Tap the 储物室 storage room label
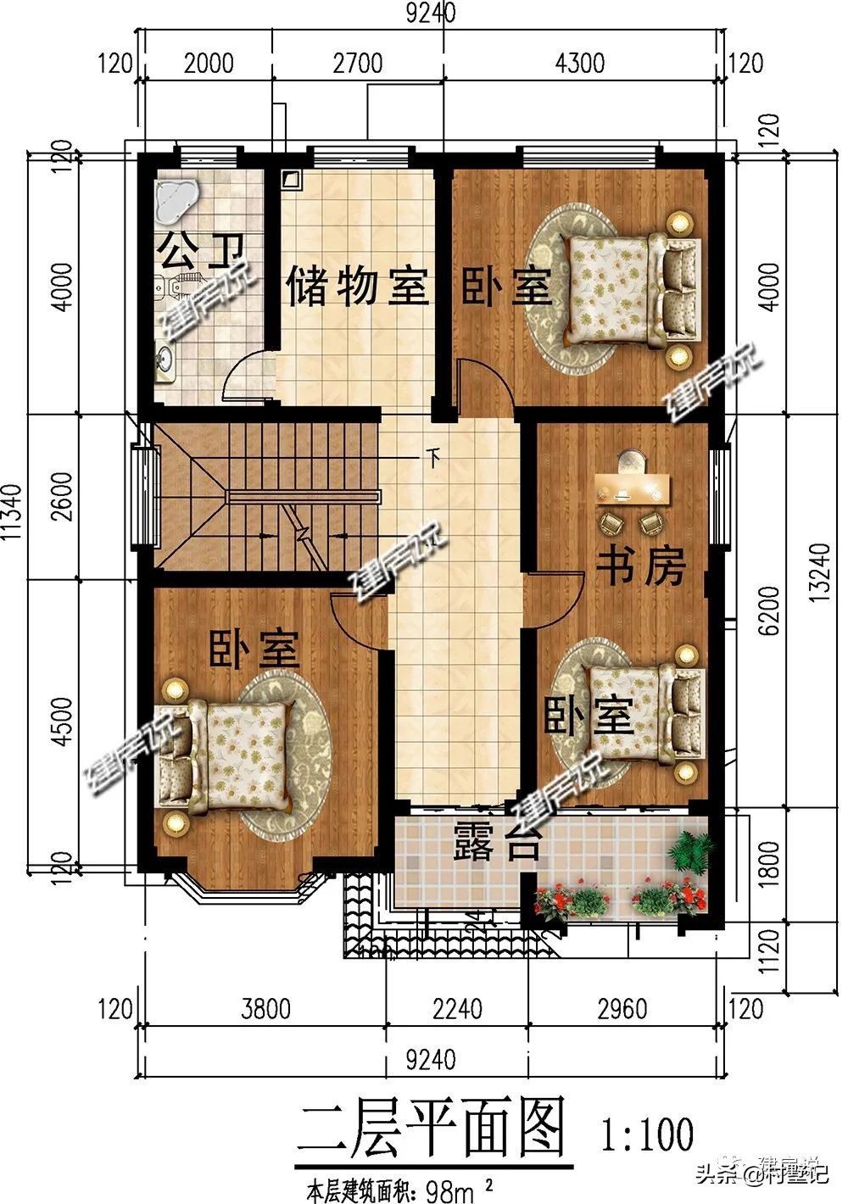(356, 286)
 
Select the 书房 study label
(641, 566)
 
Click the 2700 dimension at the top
(357, 64)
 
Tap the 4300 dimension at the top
(580, 64)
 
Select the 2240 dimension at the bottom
(457, 1009)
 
